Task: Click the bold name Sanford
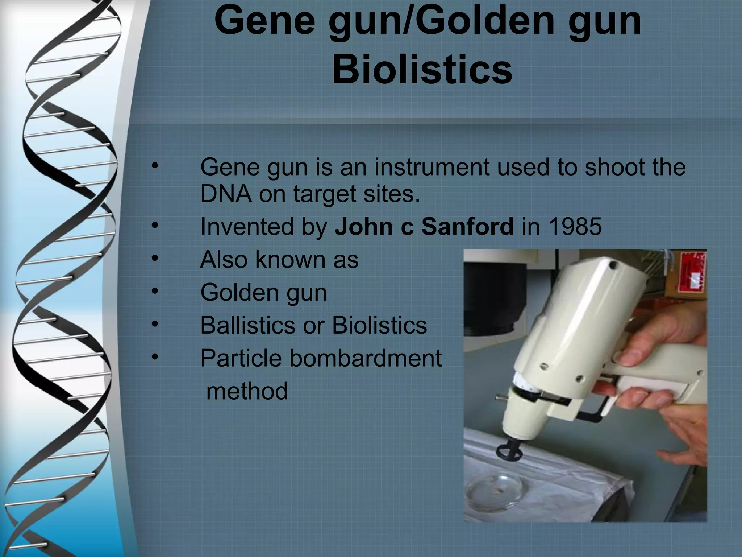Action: point(467,227)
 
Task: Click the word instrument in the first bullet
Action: point(432,168)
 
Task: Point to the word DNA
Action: point(226,194)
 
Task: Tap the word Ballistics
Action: point(248,325)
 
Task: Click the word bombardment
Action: point(366,358)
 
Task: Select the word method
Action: point(247,391)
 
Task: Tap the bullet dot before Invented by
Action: point(155,226)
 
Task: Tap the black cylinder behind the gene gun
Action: point(493,290)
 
